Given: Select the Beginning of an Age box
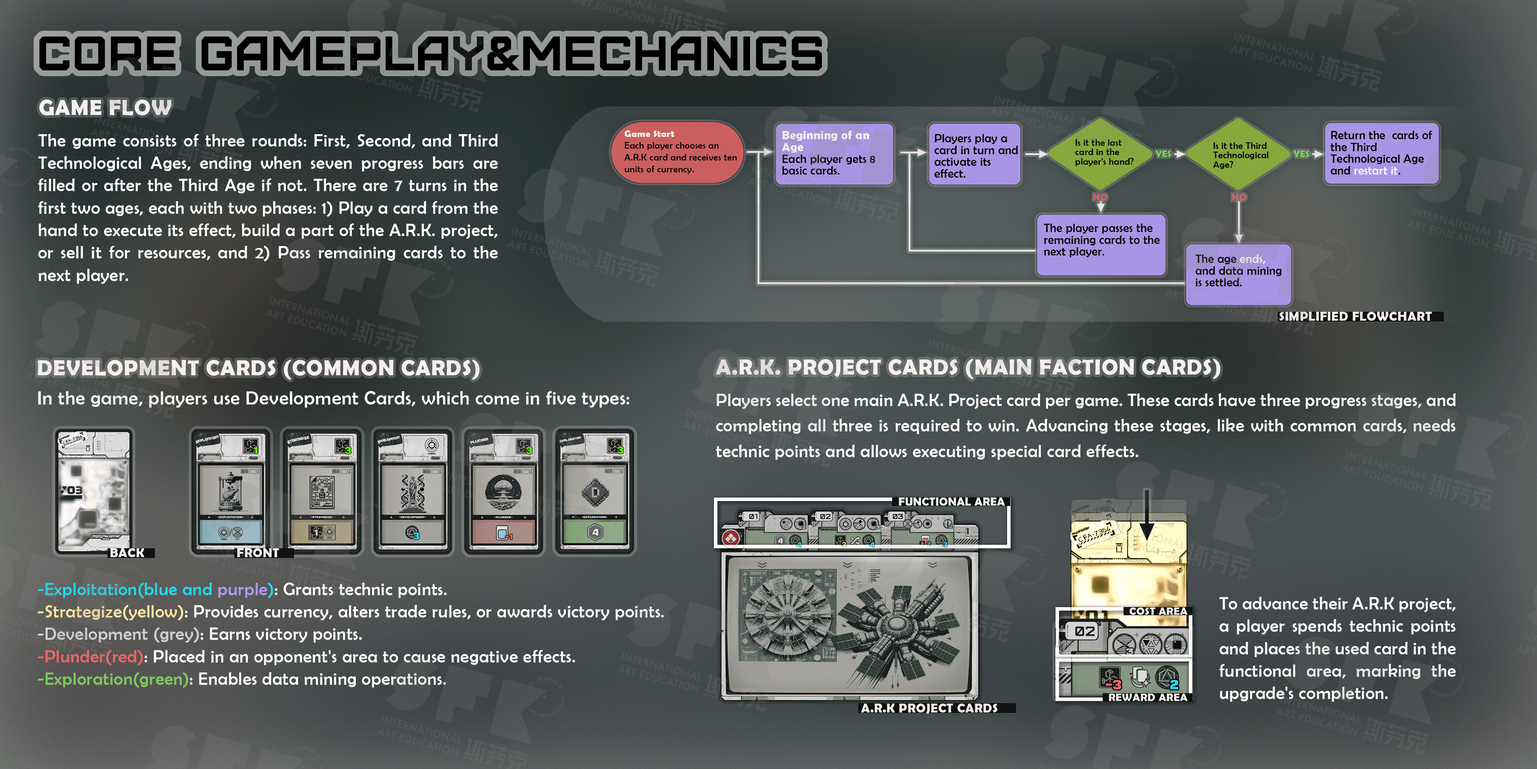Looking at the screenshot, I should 833,153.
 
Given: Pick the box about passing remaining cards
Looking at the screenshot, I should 1101,244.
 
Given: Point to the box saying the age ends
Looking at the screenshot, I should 1238,273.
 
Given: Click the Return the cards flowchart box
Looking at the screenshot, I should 1381,153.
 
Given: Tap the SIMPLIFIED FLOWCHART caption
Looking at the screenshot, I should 1354,316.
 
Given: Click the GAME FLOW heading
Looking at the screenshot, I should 105,108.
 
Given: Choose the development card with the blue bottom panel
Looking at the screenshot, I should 230,491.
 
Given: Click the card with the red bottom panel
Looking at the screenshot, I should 504,491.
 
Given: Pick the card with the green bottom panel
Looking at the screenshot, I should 594,491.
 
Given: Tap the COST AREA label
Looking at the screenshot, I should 1157,611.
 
